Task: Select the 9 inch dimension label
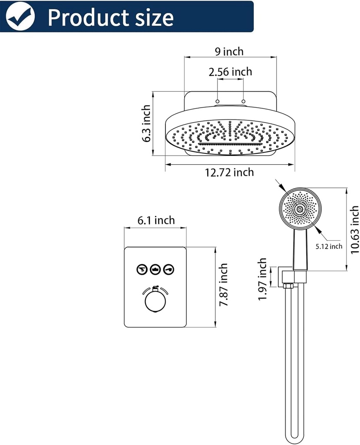(x=229, y=51)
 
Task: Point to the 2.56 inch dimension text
(x=230, y=72)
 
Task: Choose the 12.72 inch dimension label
(x=229, y=173)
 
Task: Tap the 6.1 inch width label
(x=156, y=220)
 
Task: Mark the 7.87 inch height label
(x=223, y=285)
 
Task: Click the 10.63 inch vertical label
(x=354, y=229)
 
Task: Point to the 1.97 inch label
(x=263, y=278)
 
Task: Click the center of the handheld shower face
(x=300, y=209)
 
